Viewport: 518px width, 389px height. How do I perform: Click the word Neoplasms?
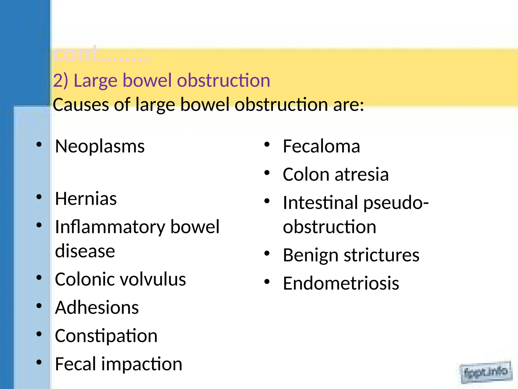[100, 147]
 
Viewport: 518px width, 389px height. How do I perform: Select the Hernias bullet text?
[86, 199]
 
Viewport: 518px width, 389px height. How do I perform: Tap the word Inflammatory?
[110, 227]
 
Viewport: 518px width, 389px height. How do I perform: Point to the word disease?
[85, 251]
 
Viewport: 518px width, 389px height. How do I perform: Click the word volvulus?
[153, 279]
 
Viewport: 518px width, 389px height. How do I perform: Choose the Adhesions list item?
[97, 307]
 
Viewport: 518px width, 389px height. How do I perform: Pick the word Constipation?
[106, 336]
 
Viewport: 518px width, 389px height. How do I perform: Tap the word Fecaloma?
[321, 146]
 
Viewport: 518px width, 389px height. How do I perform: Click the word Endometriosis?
[341, 283]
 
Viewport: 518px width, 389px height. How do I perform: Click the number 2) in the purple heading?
[60, 81]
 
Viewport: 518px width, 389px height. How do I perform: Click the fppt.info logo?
[486, 372]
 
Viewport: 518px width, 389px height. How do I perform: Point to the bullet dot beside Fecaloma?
[267, 145]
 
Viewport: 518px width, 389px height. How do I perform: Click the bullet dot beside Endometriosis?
[267, 282]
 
